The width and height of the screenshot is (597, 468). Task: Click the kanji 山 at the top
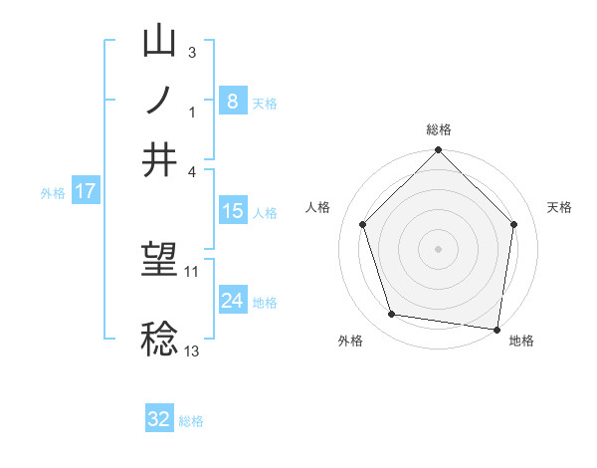[x=160, y=42]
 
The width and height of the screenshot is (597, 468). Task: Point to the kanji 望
[x=160, y=261]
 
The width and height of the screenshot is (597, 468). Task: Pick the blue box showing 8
[x=232, y=101]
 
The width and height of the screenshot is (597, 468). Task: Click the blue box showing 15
[x=232, y=211]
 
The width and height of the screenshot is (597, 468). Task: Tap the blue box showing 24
[x=232, y=301]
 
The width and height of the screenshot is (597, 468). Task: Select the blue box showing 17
[x=85, y=191]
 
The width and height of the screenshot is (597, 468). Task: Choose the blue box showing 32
[x=159, y=419]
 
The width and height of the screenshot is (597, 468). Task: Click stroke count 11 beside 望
[x=192, y=271]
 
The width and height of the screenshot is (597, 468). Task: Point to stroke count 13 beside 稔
[x=192, y=351]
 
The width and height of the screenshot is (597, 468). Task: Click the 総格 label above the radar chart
[x=439, y=129]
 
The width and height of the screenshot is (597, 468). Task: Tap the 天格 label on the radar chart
[x=560, y=207]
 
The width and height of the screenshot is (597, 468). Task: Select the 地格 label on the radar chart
[x=521, y=341]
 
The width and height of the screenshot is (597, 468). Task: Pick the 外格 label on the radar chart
[x=350, y=341]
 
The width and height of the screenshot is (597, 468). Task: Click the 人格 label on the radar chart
[x=318, y=207]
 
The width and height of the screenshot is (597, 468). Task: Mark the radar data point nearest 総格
[x=438, y=151]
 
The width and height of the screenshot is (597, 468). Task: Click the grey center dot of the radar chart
[x=438, y=248]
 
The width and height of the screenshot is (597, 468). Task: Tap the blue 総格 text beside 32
[x=191, y=421]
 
